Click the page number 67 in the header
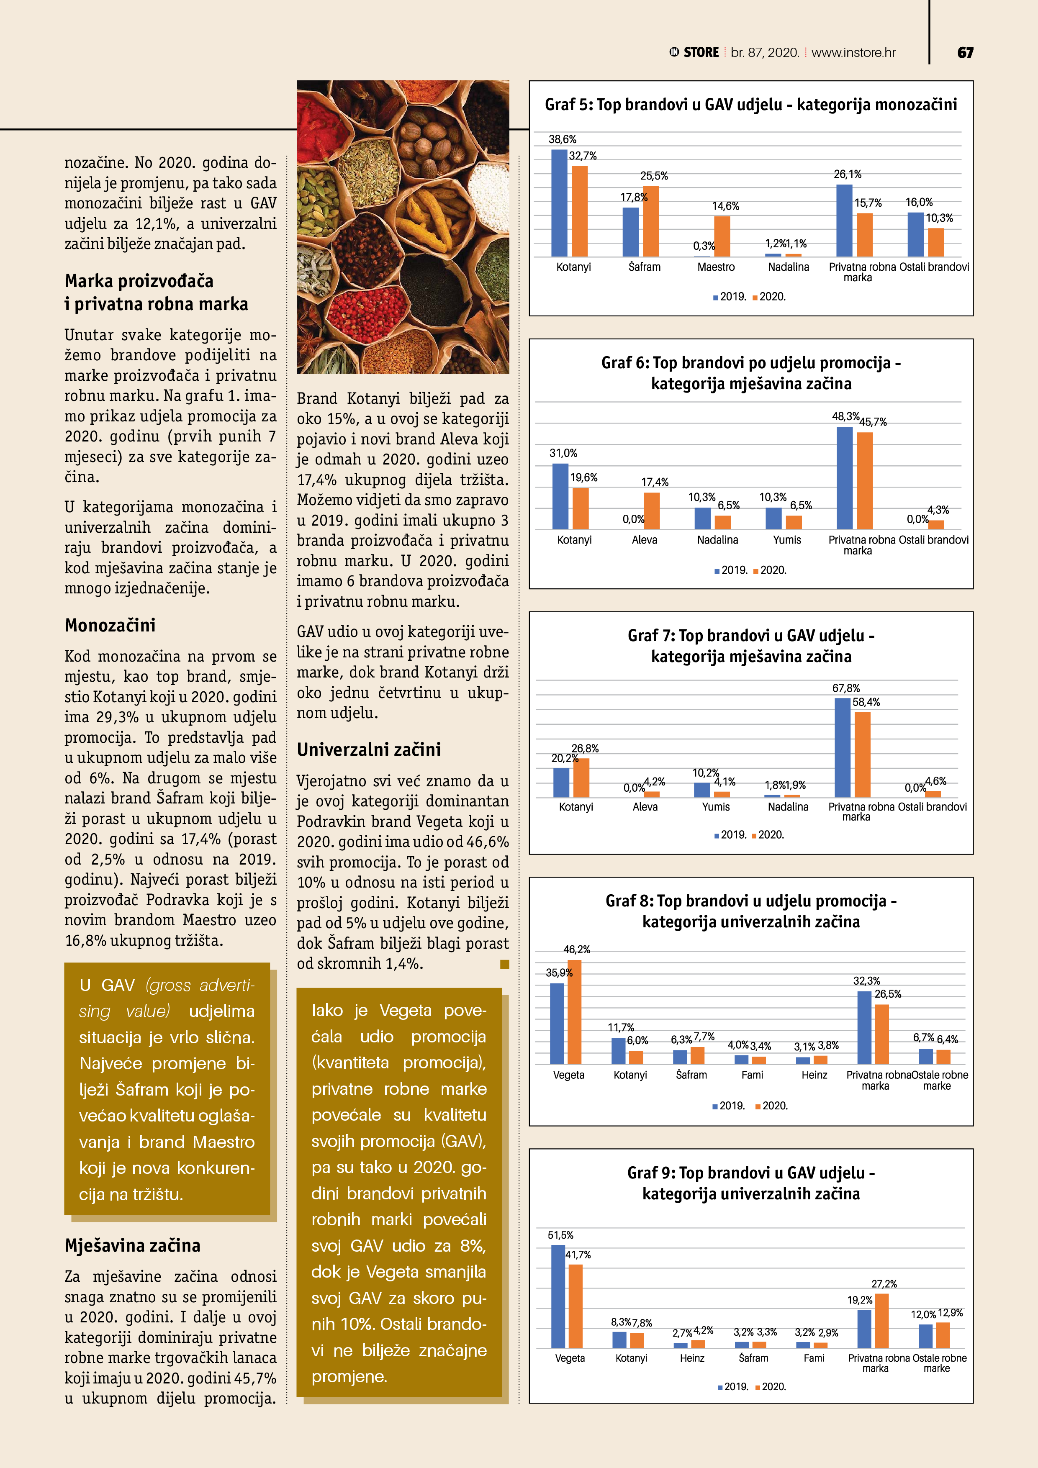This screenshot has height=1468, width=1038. (965, 52)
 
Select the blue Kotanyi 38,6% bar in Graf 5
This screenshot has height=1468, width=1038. (559, 203)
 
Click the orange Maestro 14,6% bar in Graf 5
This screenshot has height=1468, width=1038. (722, 236)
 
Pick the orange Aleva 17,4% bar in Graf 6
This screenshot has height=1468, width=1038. (652, 511)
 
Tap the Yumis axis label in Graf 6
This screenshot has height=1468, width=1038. (786, 540)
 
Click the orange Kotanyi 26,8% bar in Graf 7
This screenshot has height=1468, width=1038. (581, 778)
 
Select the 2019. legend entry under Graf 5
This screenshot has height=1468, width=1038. (730, 297)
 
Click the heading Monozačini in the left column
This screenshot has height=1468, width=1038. (110, 625)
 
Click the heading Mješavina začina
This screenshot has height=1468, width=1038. (132, 1245)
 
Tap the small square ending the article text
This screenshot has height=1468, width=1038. (505, 964)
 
